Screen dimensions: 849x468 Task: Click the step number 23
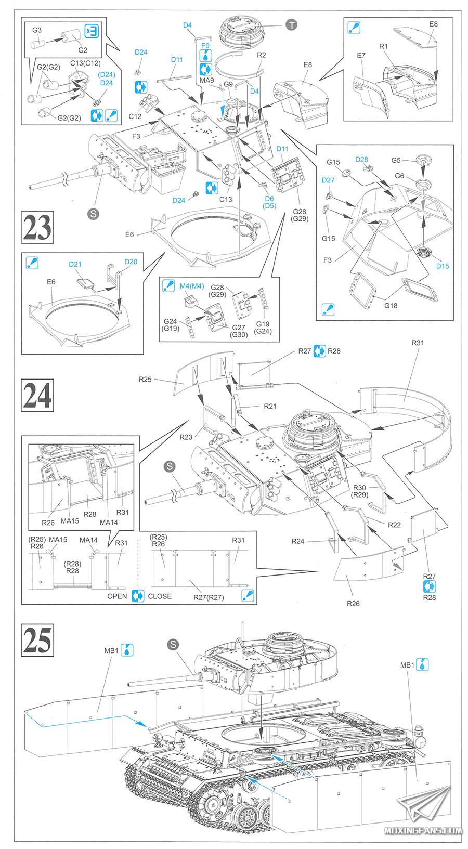37,227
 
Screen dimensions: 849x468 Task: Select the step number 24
37,395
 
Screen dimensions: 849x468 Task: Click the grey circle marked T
292,24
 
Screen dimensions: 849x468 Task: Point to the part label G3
36,30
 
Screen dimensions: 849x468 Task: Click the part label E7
361,55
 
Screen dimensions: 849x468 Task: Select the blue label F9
205,46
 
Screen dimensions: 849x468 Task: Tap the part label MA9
206,80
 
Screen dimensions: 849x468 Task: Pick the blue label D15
442,266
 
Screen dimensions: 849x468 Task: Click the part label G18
391,305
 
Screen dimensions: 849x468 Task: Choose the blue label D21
75,264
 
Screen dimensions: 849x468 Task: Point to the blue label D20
131,262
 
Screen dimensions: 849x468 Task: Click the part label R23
186,437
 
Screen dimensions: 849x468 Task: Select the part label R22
394,525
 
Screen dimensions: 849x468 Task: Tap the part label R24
297,541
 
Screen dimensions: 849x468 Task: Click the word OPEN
117,596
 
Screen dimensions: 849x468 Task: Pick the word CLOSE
160,596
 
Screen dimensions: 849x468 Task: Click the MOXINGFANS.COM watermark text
423,830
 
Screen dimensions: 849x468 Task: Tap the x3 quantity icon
91,31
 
